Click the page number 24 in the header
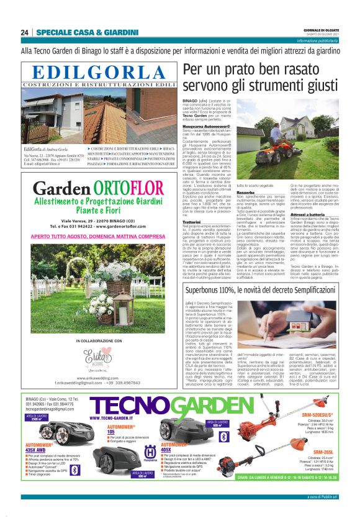(x=24, y=32)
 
